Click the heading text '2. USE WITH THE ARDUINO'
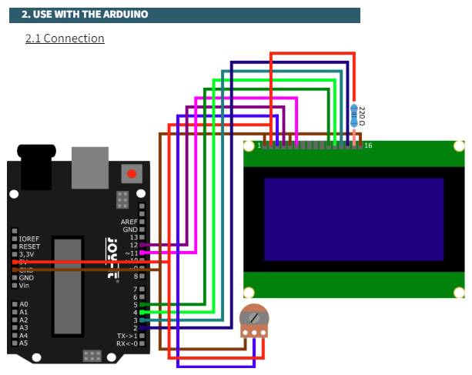click(85, 15)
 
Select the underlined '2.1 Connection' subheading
click(65, 38)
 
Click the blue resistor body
click(354, 116)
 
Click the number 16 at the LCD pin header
click(368, 145)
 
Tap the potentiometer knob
click(254, 316)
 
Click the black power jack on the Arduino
click(36, 166)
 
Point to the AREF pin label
click(129, 222)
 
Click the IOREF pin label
click(29, 239)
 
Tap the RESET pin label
click(29, 246)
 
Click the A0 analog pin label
click(23, 305)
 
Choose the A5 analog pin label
click(23, 343)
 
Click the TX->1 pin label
click(126, 336)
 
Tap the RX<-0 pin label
click(126, 343)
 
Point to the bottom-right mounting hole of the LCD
click(460, 291)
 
